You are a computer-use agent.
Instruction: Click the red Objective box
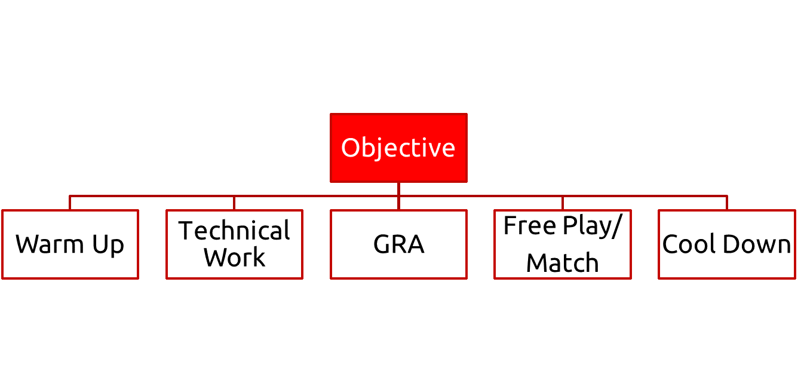click(x=398, y=148)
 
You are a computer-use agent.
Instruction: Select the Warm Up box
click(x=70, y=244)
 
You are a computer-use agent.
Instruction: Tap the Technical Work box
click(x=234, y=244)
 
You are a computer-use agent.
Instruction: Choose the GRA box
click(x=398, y=244)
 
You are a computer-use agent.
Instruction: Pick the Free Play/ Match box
click(x=562, y=244)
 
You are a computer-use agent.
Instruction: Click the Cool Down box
click(x=726, y=244)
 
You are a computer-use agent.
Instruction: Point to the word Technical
click(x=234, y=231)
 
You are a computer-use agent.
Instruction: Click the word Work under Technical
click(x=234, y=258)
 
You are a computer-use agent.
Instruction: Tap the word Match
click(x=562, y=263)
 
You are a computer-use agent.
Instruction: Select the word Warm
click(x=49, y=244)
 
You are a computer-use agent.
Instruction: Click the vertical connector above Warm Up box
click(x=70, y=203)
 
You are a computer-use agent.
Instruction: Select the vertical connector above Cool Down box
click(x=727, y=203)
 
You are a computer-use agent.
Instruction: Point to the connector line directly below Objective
click(x=398, y=189)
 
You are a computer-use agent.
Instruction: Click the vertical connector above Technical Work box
click(x=234, y=203)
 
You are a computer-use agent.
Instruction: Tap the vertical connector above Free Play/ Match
click(x=562, y=203)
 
